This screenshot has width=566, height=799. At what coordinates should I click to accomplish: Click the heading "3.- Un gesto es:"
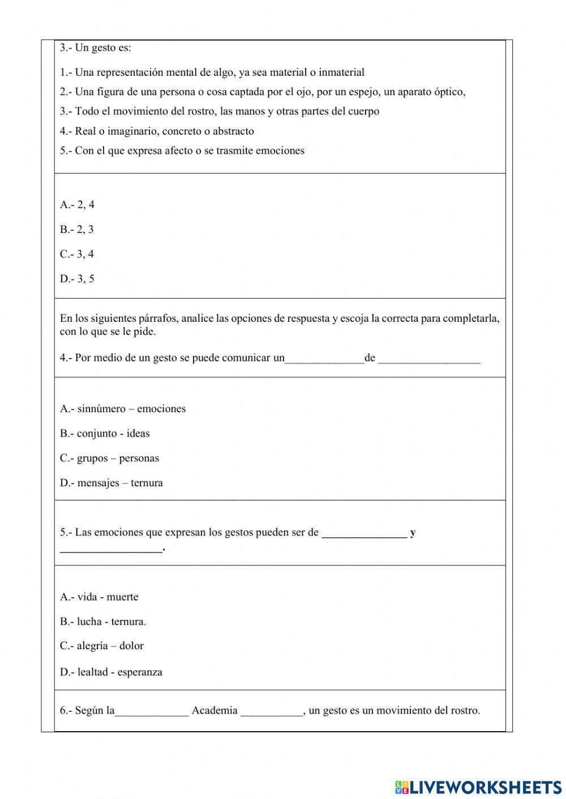[95, 48]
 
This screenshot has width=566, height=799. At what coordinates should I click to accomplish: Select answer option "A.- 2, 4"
[77, 205]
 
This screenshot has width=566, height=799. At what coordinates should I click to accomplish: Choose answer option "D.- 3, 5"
[77, 279]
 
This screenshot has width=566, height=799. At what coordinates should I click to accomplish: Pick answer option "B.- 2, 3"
[77, 230]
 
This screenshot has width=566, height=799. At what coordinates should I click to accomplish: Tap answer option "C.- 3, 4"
[77, 254]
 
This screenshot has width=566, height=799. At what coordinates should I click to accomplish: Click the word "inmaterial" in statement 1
[341, 72]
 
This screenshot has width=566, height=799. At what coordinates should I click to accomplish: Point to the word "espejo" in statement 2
[364, 92]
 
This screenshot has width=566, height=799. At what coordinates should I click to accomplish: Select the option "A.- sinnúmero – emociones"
[123, 409]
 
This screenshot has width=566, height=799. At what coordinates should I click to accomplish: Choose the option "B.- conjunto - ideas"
[105, 434]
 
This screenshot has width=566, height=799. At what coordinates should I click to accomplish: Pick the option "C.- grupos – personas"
[109, 458]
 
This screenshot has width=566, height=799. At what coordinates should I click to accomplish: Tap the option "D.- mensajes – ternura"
[112, 483]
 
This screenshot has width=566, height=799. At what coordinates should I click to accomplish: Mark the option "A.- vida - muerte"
[99, 597]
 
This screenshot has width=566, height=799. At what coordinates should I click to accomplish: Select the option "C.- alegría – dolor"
[102, 646]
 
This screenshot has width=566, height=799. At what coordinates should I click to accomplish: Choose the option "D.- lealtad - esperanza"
[111, 672]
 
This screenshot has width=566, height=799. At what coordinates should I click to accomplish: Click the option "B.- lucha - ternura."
[103, 621]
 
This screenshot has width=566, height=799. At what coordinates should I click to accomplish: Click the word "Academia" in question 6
[215, 711]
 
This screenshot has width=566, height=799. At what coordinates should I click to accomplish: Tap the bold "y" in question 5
[413, 533]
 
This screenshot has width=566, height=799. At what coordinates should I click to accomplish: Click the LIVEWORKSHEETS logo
[478, 787]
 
